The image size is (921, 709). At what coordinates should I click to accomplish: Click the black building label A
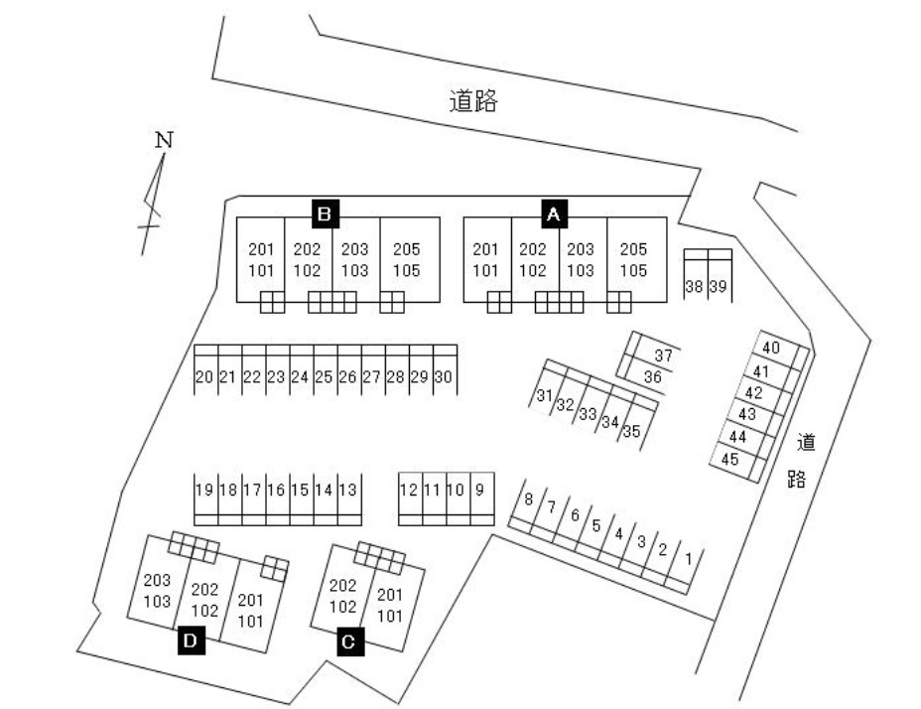[x=554, y=214]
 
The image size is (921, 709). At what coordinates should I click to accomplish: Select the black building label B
[x=326, y=214]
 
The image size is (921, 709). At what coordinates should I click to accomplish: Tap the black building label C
[x=350, y=641]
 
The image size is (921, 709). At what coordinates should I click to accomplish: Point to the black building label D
[x=192, y=640]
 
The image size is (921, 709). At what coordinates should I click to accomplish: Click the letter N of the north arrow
[x=165, y=140]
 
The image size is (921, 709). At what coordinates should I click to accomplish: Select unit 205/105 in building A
[x=634, y=260]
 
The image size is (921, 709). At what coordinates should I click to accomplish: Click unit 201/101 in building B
[x=261, y=260]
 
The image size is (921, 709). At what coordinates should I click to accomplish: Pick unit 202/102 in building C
[x=343, y=596]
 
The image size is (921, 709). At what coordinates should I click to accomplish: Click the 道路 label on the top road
[x=473, y=101]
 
